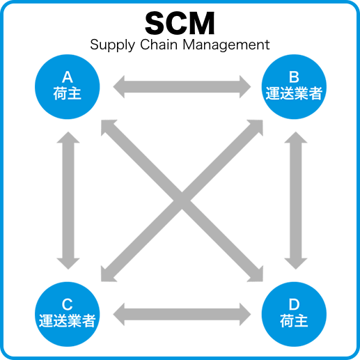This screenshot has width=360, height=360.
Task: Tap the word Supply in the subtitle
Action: coord(110,45)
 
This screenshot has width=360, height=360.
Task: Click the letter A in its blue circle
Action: coord(68,77)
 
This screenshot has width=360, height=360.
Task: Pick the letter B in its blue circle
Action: coord(293,77)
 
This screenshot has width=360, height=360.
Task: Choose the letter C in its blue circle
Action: coord(68,304)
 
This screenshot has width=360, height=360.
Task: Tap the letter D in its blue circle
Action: coord(293,304)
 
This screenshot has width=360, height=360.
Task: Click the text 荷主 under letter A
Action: coord(68,93)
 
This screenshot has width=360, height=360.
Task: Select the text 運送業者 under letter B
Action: coord(293,93)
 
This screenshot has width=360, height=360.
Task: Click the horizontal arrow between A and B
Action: coord(182,86)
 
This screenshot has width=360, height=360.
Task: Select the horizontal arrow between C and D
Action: coord(182,313)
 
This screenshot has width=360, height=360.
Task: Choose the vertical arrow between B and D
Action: coord(295,201)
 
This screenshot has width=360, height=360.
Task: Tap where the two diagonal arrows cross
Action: coord(182,201)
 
